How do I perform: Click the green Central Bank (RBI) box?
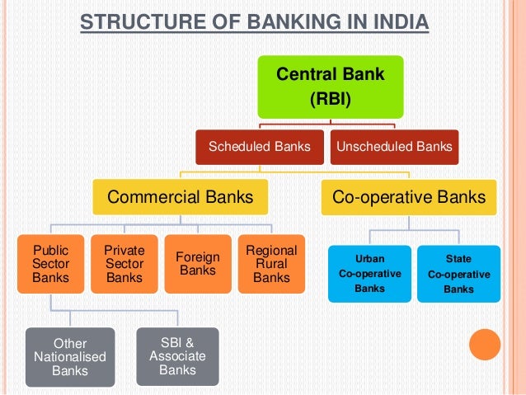point(330,87)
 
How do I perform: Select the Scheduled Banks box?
point(259,147)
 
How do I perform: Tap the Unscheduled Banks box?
point(392,147)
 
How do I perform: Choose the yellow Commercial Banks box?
point(179,198)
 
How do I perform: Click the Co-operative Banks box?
point(408,198)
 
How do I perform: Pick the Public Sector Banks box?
point(51,264)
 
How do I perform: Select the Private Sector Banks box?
point(124,264)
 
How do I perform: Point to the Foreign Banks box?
point(198,264)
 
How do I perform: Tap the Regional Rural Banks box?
point(271,264)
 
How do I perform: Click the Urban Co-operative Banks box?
point(369,273)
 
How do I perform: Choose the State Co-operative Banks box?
point(458,273)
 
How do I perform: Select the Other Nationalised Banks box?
point(69,357)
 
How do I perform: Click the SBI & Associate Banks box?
point(177,355)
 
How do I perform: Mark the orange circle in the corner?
point(485,345)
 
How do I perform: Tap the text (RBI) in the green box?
point(330,101)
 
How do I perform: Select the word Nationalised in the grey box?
point(69,357)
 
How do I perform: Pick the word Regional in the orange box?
point(271,250)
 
